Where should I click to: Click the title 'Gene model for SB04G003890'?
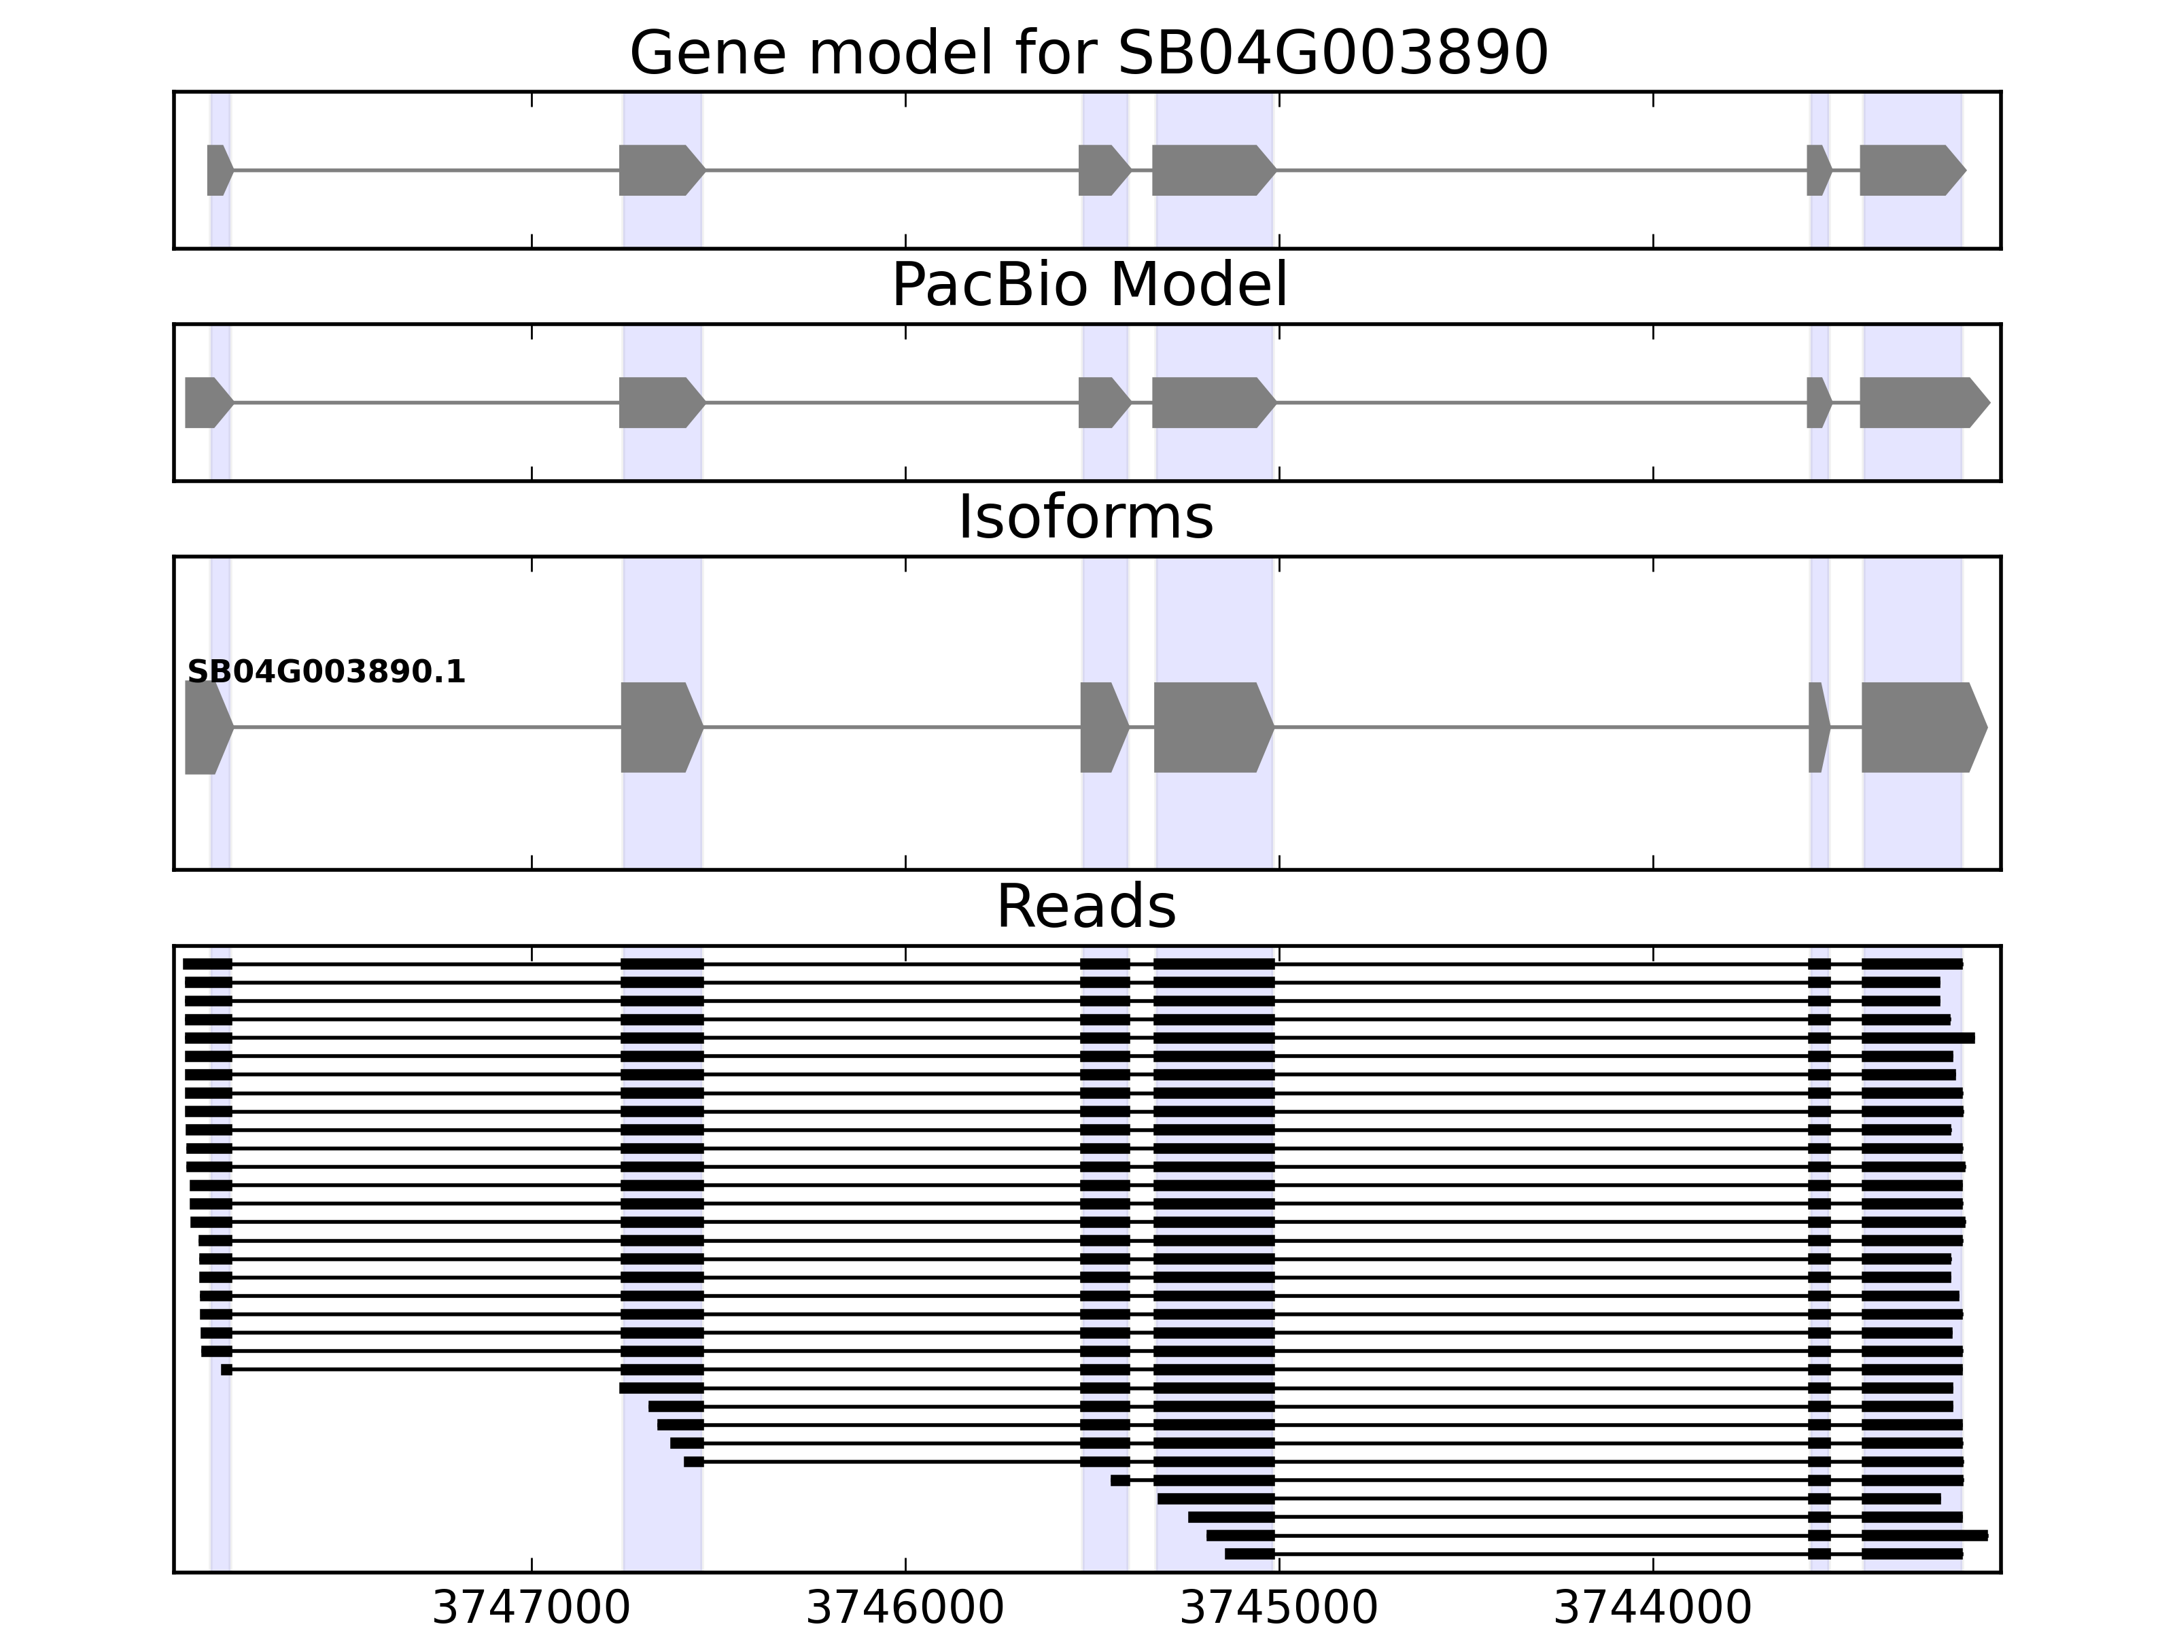click(x=1088, y=53)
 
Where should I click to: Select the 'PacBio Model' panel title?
click(x=1088, y=285)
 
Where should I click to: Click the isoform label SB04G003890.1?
click(x=326, y=673)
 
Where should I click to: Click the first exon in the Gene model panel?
click(x=218, y=170)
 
